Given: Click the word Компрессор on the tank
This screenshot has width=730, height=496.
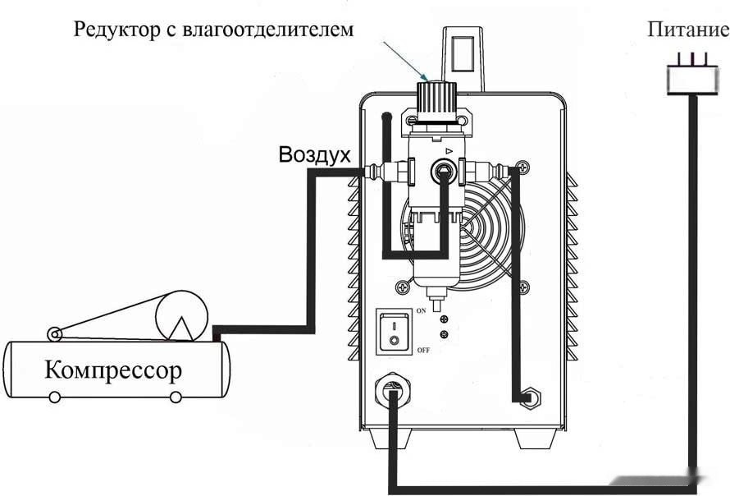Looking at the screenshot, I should point(113,370).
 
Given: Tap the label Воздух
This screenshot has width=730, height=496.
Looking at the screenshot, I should point(315,154).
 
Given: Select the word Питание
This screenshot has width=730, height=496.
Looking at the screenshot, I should point(687,31).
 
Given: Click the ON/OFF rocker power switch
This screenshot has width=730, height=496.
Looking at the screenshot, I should point(393,330).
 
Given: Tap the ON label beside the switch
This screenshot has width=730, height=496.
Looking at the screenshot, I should point(421,312).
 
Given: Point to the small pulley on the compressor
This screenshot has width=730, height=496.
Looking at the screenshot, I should point(54,333).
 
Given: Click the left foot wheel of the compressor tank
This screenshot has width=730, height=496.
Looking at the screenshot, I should point(54,397).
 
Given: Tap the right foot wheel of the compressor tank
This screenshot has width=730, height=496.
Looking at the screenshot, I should point(175,397).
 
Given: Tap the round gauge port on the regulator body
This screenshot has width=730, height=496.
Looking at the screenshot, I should point(444,170).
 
